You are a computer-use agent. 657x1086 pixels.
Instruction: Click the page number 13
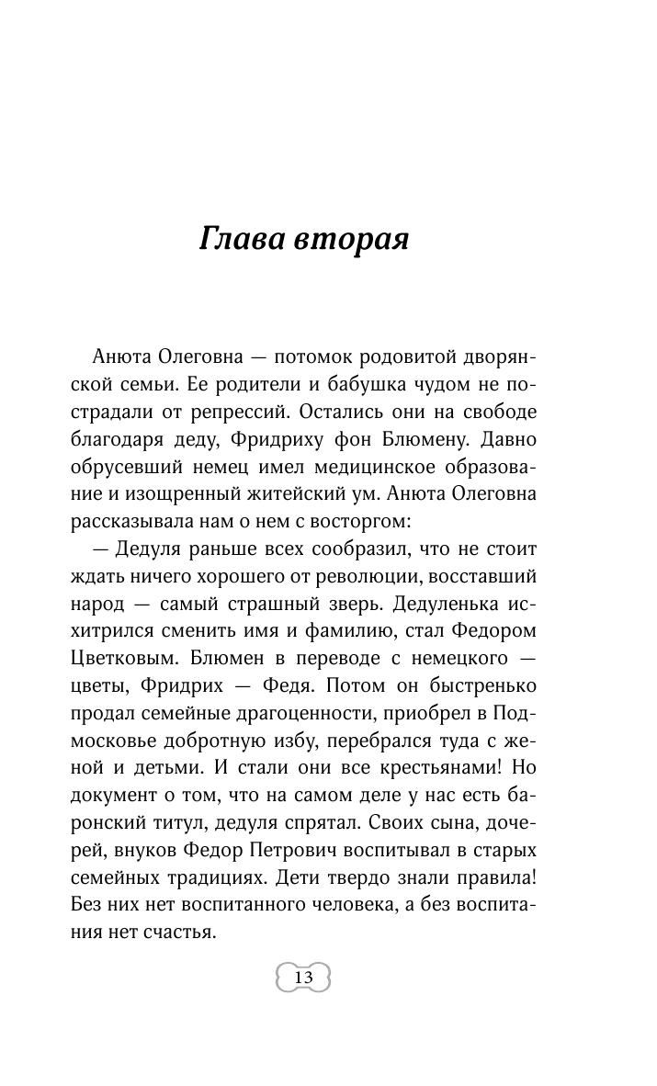303,977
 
